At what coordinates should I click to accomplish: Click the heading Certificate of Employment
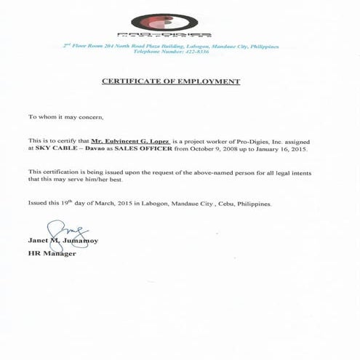[180, 82]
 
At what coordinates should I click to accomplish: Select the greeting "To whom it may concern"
[66, 116]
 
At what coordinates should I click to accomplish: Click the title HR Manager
[51, 254]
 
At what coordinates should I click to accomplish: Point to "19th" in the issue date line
[66, 203]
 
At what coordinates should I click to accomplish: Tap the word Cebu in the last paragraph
[233, 204]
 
